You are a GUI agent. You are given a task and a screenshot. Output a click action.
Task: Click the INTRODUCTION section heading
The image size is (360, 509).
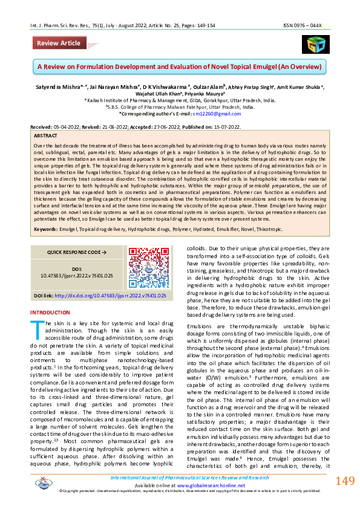50,312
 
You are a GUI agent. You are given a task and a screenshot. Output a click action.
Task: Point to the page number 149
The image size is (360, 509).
344,481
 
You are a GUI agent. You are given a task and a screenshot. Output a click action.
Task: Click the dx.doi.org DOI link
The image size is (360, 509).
110,295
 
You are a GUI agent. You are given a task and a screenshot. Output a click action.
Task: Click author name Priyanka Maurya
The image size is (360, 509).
208,94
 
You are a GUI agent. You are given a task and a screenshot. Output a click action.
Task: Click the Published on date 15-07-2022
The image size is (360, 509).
227,126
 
